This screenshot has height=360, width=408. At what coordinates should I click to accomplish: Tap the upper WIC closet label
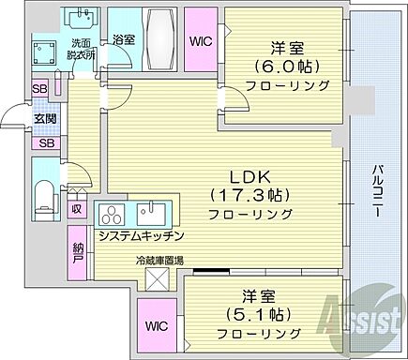[x=200, y=41]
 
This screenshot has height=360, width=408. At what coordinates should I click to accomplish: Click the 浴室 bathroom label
[x=123, y=40]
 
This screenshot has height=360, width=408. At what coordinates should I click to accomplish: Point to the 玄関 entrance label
[x=45, y=117]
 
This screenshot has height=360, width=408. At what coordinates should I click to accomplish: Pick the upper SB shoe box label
[x=41, y=90]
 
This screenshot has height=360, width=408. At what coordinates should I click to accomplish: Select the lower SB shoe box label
[x=46, y=143]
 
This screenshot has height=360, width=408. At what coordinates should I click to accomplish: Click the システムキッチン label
[x=141, y=235]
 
